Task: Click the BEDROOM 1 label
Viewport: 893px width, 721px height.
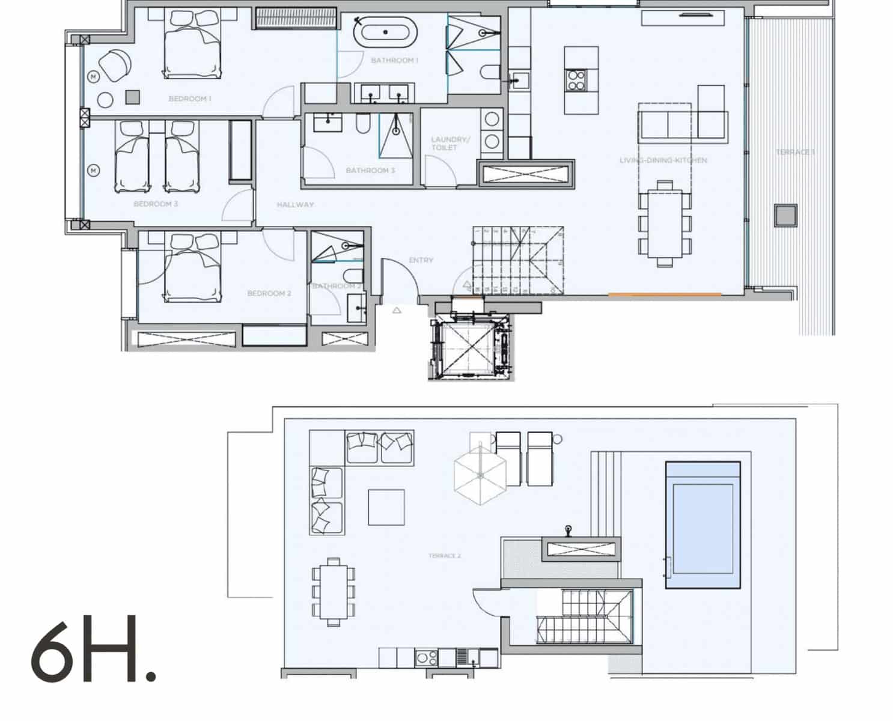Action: click(189, 99)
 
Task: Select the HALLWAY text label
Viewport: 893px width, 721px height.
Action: click(295, 204)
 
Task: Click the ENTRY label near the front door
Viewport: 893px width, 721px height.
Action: click(421, 260)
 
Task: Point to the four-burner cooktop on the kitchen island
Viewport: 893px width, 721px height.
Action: click(576, 80)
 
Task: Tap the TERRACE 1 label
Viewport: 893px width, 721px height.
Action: click(794, 152)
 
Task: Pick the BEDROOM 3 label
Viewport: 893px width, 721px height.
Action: click(156, 204)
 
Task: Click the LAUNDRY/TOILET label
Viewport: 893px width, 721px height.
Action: click(450, 143)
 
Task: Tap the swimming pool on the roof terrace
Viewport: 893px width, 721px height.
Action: click(703, 525)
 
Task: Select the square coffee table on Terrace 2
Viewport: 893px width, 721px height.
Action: click(386, 507)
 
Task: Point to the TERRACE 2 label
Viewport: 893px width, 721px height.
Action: click(445, 556)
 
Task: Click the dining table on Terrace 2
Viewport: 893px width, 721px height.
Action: click(334, 591)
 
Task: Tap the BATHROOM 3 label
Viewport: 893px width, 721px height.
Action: click(370, 171)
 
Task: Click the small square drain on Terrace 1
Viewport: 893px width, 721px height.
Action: click(785, 215)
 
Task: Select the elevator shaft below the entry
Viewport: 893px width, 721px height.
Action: click(471, 347)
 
